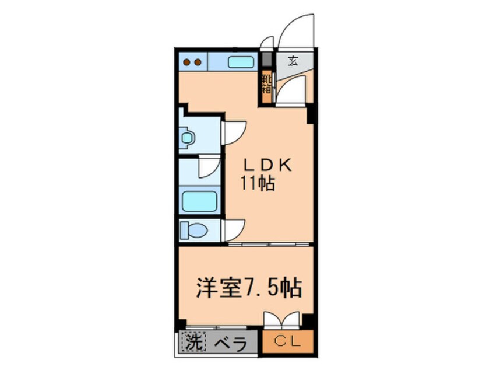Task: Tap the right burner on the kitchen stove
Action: click(x=197, y=62)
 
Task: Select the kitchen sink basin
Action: click(x=238, y=62)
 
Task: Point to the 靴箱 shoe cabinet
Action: click(x=266, y=83)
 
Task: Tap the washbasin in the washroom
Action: click(x=188, y=138)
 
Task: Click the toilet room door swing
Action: click(x=234, y=228)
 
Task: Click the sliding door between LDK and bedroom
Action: click(x=266, y=245)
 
